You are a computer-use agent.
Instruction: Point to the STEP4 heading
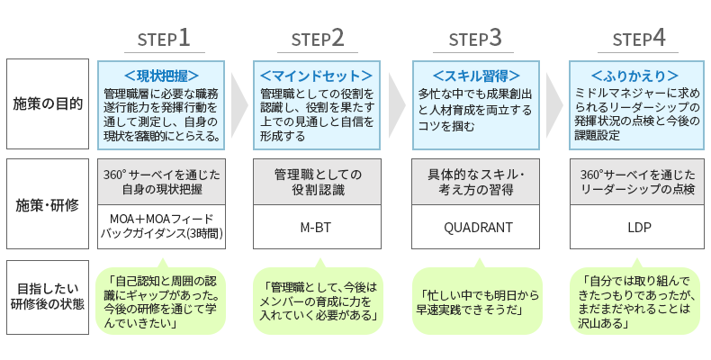638,39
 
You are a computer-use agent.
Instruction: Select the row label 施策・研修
48,203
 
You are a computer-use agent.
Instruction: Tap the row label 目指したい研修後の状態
48,297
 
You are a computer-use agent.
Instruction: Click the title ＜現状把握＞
161,75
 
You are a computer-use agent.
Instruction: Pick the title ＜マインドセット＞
317,75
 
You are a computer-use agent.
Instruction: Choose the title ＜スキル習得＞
476,75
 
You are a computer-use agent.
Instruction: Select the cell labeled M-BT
317,227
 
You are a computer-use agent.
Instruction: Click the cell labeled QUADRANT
476,227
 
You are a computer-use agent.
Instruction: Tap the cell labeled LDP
637,227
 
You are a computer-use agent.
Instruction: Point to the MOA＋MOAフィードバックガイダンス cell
161,226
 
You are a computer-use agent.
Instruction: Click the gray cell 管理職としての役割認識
317,182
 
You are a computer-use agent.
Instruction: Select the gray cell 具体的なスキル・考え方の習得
476,182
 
